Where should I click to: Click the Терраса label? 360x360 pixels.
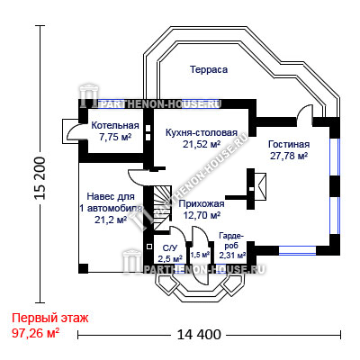pos(209,69)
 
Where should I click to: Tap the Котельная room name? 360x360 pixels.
pos(115,125)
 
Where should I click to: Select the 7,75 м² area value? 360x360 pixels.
pos(115,137)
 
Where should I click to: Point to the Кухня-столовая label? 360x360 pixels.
pos(202,132)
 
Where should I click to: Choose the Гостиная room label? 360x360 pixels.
pos(289,144)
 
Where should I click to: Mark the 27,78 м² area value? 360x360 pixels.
pos(289,157)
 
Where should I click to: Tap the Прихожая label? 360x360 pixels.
pos(202,204)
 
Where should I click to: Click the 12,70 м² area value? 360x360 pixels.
pos(202,215)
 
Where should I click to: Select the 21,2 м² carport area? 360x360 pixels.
pos(111,220)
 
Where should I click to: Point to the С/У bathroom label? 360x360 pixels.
pos(170,248)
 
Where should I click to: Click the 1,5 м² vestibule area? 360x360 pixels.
pos(200,255)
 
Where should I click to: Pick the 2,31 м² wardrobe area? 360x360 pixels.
pos(232,256)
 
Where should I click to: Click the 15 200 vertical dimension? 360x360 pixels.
pos(40,178)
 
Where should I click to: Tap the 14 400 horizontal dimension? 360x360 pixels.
pos(199,334)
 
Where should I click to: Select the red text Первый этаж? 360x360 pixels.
pos(50,318)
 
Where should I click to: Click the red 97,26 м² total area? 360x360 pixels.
pos(35,333)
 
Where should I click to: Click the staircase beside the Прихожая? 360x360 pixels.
pos(163,208)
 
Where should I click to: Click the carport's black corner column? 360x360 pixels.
pos(84,268)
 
